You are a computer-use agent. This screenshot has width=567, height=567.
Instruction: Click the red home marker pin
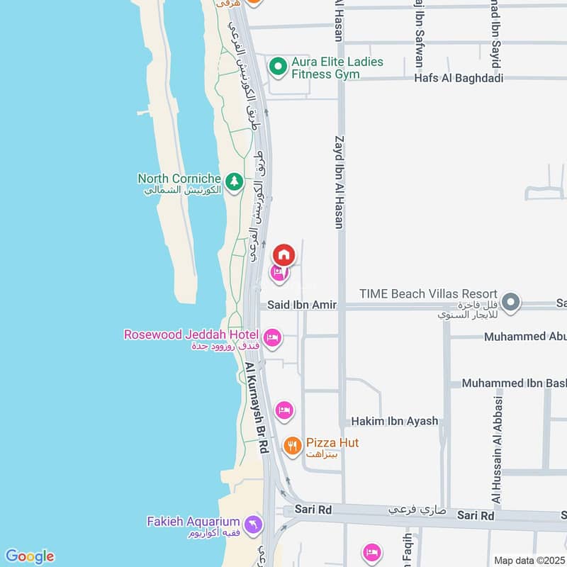(284, 254)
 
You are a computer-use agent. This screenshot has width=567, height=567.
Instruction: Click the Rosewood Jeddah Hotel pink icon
(271, 337)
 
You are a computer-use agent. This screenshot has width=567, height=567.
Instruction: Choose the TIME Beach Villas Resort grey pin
(510, 303)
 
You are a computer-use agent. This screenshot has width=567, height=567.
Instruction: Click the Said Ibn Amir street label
(302, 305)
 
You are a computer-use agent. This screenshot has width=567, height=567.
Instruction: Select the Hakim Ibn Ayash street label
(395, 421)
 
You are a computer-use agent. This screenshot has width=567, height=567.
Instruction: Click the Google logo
(29, 556)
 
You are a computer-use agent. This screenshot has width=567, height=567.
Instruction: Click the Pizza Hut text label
(332, 442)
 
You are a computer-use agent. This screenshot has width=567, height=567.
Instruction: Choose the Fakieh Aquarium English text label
(193, 522)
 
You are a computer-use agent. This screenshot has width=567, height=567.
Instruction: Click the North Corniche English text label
(179, 179)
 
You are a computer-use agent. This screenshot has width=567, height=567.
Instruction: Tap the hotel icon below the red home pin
(279, 273)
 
